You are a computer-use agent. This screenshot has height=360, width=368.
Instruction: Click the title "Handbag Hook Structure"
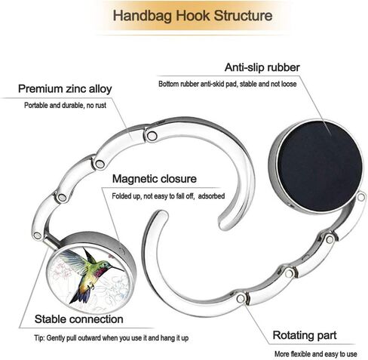coord(192,16)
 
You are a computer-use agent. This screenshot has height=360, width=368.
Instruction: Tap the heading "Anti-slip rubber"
coord(262,67)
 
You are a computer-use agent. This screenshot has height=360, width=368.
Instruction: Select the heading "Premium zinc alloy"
coord(65,89)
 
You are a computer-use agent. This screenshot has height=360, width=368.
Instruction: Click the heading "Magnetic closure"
coord(155,179)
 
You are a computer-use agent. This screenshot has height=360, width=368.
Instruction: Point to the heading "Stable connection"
coord(79,319)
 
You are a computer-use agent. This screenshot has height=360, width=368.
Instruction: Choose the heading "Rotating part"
coord(305,335)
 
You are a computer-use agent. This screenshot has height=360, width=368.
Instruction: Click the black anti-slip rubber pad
coord(320,166)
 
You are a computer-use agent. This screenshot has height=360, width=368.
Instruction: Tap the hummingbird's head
coord(108,265)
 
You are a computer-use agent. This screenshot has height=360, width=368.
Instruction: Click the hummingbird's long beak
coord(118,269)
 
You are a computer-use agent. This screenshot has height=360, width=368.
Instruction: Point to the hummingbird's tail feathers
coord(78,296)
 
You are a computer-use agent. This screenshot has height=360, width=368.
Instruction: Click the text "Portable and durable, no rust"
coord(65,106)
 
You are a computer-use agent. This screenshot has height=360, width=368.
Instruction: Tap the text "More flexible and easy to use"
coord(316,354)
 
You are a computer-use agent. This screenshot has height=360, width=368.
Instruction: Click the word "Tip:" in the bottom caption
coord(39,338)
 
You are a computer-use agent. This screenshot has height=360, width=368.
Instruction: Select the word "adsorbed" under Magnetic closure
coord(211,196)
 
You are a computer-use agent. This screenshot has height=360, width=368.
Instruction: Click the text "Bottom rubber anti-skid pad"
coord(198,84)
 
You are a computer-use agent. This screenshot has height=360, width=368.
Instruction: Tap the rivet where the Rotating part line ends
coord(241,299)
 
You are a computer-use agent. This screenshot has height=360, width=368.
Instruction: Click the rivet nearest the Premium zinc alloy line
coord(152,136)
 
